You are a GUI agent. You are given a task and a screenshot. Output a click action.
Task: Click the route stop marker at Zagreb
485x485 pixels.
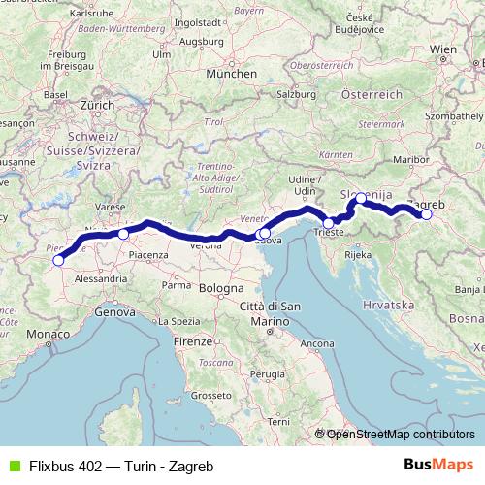click(x=425, y=215)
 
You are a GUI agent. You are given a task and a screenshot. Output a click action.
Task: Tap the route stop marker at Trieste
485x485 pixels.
click(x=329, y=223)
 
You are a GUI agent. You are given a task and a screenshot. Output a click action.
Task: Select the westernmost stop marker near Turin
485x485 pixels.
click(x=58, y=260)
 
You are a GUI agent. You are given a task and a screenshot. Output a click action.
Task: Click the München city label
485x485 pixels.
click(x=231, y=73)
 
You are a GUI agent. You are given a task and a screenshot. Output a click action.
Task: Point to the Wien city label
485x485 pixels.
click(x=442, y=48)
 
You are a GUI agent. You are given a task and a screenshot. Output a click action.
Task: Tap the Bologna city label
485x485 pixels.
click(x=223, y=289)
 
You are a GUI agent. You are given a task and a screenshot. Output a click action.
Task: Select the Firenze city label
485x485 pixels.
click(x=193, y=342)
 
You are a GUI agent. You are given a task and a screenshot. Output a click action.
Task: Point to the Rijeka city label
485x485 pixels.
click(x=358, y=255)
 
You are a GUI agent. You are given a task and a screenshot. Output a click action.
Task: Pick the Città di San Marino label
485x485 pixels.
click(x=275, y=313)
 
